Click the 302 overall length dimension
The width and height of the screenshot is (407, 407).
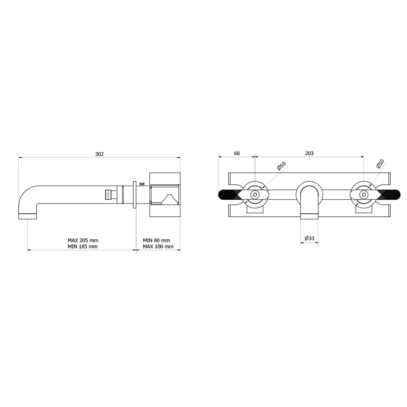point(99,154)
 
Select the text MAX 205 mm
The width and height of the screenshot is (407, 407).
point(83,240)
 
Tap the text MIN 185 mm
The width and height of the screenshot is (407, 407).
point(83,247)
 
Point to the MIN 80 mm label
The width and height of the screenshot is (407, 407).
point(156,240)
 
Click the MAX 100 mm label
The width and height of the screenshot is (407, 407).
point(158,247)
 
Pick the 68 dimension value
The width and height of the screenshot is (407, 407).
point(236,153)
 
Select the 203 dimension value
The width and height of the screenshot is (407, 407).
point(309,153)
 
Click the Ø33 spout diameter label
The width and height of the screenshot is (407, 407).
point(309,238)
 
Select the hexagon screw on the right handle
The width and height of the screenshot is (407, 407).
point(363,195)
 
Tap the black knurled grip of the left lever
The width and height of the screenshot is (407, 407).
point(228,195)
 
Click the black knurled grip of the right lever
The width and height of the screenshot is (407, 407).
point(390,195)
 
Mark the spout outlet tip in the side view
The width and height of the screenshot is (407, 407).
point(27,216)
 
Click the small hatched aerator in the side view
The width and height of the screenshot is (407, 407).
point(108,194)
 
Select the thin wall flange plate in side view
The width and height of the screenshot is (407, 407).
point(134,195)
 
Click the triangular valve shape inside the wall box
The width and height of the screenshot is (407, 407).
point(168,199)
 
